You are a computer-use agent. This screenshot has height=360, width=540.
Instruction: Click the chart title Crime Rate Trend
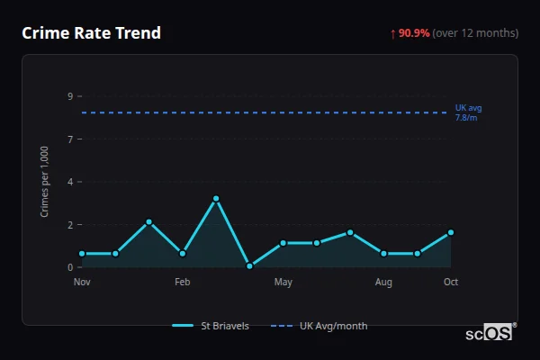pos(91,33)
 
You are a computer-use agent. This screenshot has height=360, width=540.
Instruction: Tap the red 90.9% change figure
pos(413,33)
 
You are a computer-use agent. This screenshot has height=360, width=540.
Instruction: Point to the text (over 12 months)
pos(475,33)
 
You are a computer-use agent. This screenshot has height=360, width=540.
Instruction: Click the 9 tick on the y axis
pos(69,96)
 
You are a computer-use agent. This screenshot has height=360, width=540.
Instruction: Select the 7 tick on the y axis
pos(69,139)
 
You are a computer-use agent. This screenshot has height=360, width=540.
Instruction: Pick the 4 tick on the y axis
pos(69,182)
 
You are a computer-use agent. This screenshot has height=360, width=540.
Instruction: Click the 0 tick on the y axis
pos(69,267)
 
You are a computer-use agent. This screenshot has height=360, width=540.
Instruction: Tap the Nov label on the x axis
pos(82,283)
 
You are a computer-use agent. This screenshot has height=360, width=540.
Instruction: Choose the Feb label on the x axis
pos(183,283)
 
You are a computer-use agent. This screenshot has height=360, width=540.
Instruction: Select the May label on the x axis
pos(283,283)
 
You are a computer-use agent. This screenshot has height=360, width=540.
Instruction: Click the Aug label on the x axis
pos(383,283)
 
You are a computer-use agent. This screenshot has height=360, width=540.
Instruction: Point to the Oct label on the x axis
pos(451,283)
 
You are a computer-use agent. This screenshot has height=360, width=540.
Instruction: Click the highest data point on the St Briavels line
pos(216,198)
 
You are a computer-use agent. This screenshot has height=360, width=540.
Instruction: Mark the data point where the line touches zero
pos(249,266)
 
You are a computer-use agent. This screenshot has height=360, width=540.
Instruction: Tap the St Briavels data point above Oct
pos(451,232)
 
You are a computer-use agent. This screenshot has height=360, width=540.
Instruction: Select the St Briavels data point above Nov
pos(82,254)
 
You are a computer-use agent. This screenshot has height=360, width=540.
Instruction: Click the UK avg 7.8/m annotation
pos(469,112)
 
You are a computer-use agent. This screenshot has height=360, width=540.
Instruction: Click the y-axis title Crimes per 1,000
pos(45,181)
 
